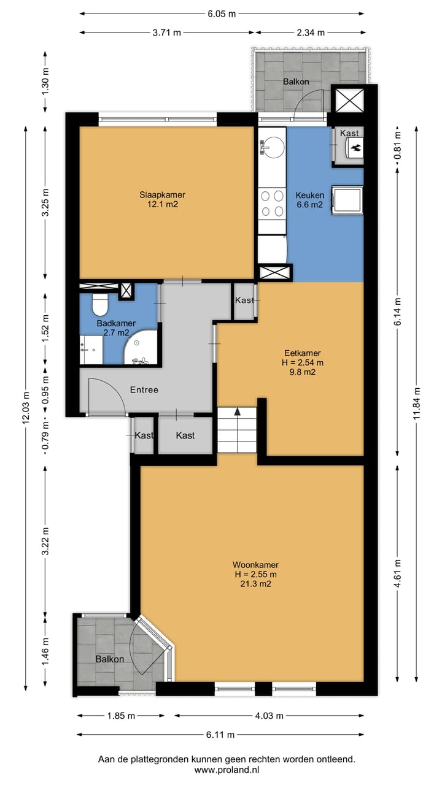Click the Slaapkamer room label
163,195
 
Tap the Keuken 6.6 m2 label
310,200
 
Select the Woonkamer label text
255,565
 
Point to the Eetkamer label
303,353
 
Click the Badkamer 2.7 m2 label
116,327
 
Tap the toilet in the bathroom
99,304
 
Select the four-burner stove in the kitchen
272,204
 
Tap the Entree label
144,389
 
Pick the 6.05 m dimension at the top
222,14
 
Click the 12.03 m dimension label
26,408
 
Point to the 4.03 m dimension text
269,716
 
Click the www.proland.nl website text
227,770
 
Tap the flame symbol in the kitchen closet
355,148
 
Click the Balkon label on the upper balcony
296,82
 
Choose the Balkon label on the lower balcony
109,659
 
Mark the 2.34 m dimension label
311,33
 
